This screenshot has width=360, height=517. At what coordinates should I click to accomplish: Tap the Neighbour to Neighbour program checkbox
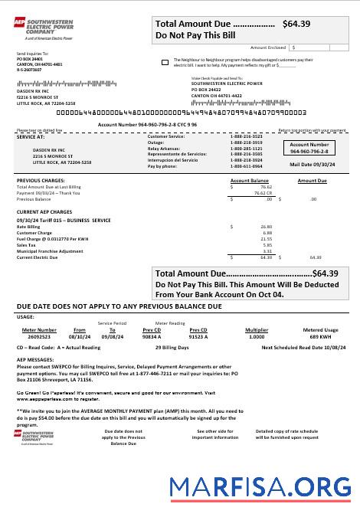tap(166, 61)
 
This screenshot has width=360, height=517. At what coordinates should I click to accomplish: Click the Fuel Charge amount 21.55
tap(267, 239)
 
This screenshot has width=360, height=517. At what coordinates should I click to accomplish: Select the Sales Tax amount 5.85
tap(267, 245)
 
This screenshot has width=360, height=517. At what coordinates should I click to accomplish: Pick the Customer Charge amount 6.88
tap(268, 233)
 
